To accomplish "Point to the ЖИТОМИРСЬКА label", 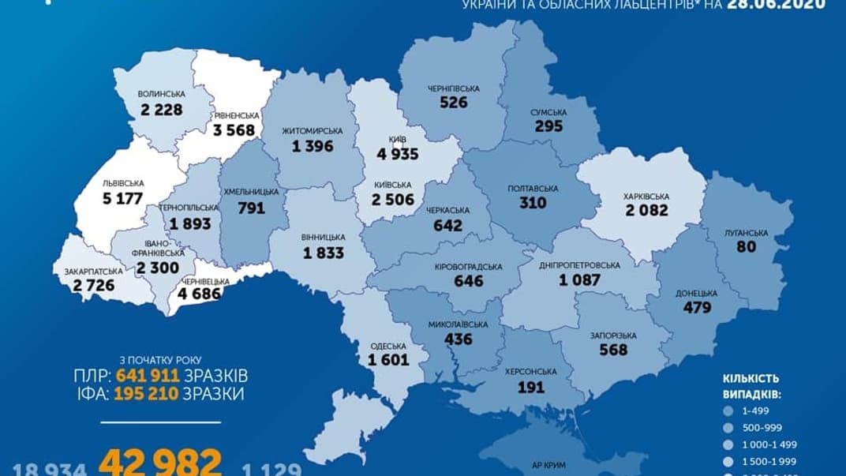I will [312, 129].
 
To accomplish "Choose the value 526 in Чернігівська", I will [454, 102].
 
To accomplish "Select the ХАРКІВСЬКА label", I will [646, 196].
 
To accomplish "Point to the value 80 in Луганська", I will [746, 246].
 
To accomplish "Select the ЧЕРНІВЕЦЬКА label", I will [203, 281].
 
